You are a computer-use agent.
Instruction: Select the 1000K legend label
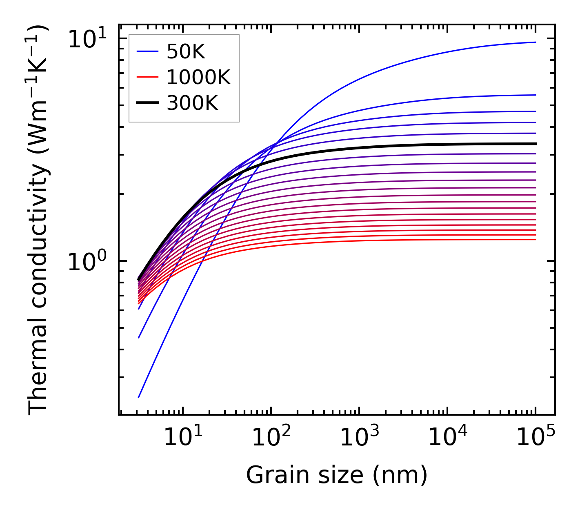[198, 77]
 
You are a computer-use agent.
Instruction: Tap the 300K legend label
[192, 103]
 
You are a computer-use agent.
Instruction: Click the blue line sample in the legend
[147, 51]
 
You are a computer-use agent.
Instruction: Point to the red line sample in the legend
[147, 77]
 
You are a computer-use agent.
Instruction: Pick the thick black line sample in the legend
[147, 103]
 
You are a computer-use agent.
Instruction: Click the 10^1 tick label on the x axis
[183, 438]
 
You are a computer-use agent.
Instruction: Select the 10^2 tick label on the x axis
[271, 438]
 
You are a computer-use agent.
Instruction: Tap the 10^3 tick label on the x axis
[359, 438]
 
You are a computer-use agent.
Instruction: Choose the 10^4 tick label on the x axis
[447, 438]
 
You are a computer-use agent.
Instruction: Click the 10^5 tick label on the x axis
[536, 438]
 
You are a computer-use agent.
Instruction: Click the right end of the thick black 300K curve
[535, 144]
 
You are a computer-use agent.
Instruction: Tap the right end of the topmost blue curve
[535, 42]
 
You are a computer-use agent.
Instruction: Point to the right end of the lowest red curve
[535, 239]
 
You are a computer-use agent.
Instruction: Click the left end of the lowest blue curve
[139, 397]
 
